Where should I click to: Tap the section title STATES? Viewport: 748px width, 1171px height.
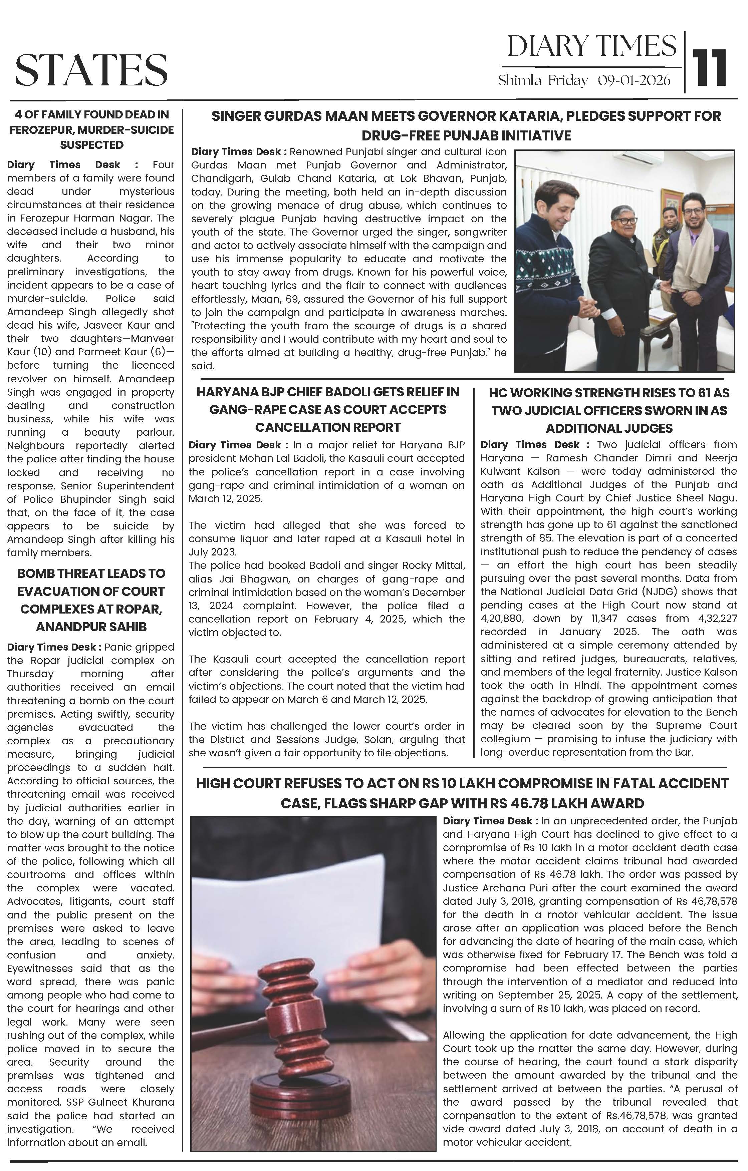pyautogui.click(x=91, y=70)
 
